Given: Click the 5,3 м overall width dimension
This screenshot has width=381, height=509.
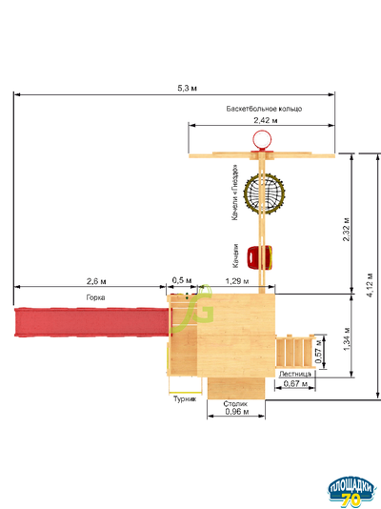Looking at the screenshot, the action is click(187, 88).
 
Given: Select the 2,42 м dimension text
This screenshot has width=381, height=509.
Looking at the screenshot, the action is click(266, 120).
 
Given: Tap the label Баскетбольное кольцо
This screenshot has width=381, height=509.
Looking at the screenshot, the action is click(264, 109).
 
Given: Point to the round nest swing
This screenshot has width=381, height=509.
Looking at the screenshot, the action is click(264, 193).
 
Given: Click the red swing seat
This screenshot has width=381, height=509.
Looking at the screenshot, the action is click(259, 257).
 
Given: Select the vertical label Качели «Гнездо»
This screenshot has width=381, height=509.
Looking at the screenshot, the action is click(234, 193).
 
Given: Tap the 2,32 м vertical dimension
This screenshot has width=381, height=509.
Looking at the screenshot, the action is click(347, 229).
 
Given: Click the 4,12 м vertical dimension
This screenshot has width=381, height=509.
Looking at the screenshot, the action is click(370, 285).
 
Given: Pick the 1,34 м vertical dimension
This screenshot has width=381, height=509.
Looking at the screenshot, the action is click(347, 339).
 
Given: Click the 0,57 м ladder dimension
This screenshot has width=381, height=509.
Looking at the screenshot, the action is click(319, 352).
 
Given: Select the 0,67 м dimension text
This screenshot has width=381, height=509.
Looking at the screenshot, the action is click(295, 384).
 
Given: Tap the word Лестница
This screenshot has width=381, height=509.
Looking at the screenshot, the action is click(295, 374).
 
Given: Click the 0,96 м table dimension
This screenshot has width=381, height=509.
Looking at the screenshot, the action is click(237, 412).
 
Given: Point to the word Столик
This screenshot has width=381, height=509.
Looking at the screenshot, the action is click(235, 404).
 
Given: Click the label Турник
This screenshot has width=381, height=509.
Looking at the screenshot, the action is click(185, 399).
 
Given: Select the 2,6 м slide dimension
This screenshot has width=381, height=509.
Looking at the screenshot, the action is click(96, 281).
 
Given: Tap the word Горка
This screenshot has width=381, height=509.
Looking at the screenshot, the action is click(95, 297).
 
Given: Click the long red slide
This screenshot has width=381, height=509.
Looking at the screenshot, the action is click(92, 322).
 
